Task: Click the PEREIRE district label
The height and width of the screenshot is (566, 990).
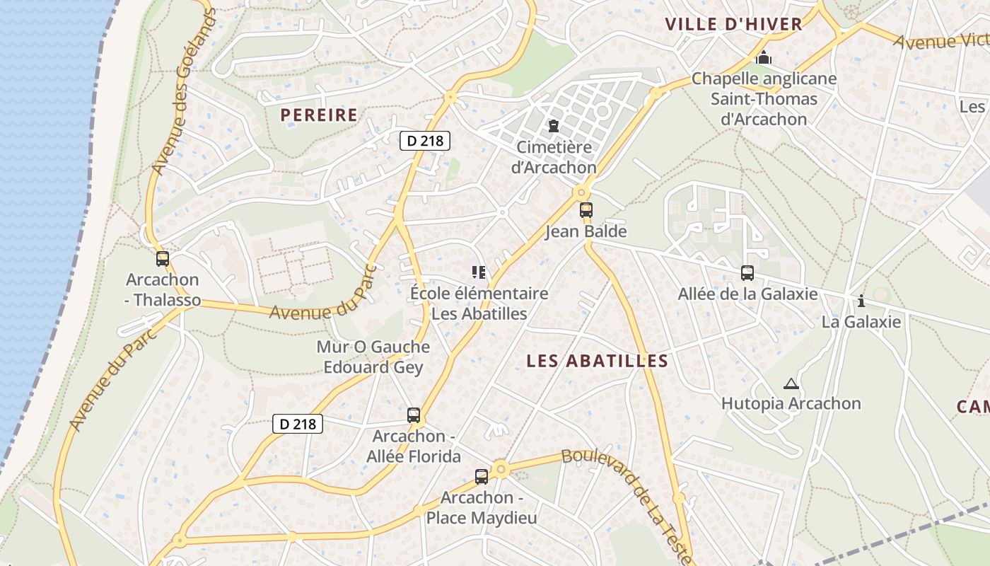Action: (319, 115)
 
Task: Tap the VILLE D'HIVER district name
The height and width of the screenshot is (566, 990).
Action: (733, 24)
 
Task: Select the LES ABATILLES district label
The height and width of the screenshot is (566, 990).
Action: (598, 361)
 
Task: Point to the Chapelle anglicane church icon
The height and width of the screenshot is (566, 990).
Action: (763, 57)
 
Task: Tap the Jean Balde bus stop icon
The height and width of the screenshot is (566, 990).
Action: (586, 210)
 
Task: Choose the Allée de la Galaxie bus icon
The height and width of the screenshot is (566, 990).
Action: (747, 273)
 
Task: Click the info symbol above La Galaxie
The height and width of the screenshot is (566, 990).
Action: (861, 301)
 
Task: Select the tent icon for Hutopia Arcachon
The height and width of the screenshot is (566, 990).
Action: (791, 384)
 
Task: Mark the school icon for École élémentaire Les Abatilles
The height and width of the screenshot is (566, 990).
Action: (479, 272)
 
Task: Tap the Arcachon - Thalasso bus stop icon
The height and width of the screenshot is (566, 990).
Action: (163, 259)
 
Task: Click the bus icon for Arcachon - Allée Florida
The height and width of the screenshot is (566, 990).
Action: (414, 415)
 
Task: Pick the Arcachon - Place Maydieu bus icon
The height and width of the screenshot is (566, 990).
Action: (482, 477)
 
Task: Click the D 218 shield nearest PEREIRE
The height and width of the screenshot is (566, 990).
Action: (425, 141)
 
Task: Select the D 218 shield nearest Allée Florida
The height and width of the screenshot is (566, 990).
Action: (298, 424)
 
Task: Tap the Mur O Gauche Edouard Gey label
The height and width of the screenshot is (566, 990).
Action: (373, 357)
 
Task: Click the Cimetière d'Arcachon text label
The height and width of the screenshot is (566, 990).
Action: (555, 158)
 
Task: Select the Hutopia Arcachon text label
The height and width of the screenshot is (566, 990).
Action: (791, 404)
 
